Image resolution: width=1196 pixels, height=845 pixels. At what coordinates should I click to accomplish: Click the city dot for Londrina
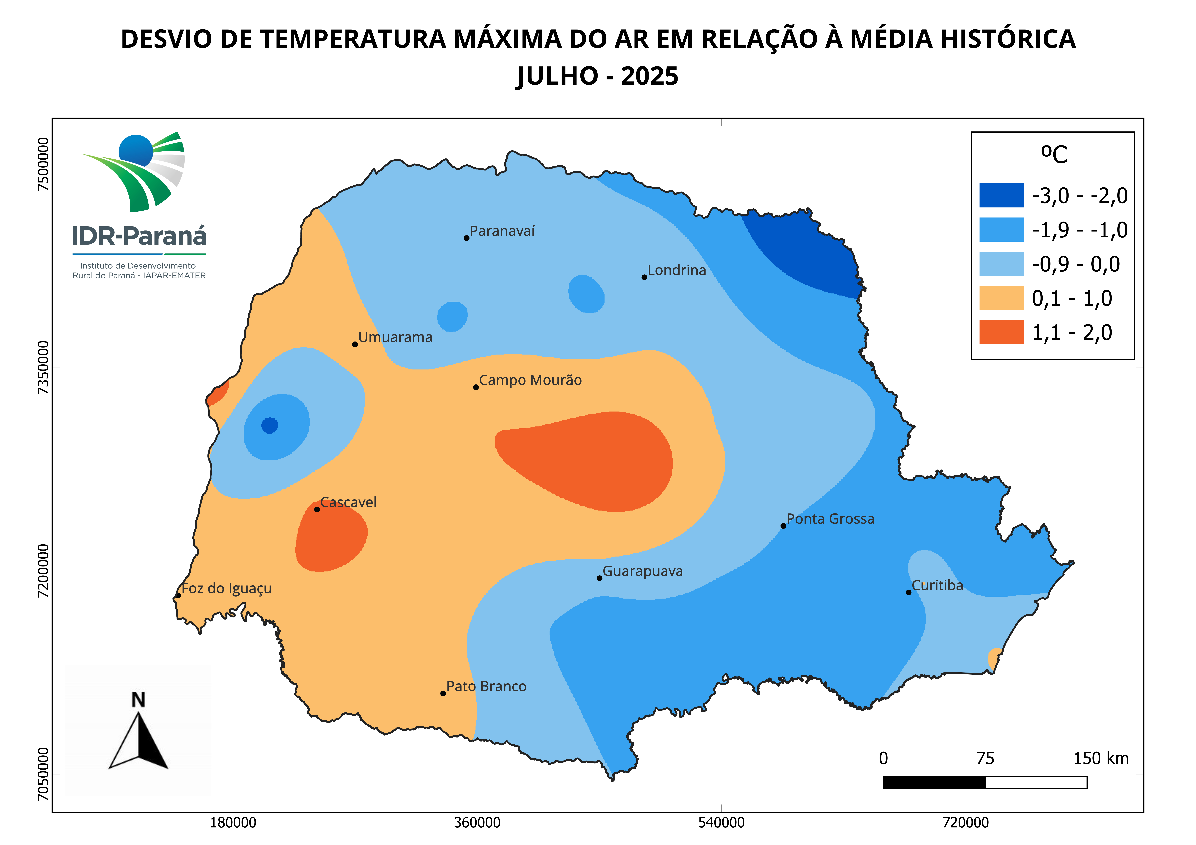coord(644,277)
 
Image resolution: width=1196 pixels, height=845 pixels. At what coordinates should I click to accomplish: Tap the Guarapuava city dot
coord(600,578)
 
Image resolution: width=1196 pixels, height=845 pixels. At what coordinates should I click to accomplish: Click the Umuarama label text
coord(395,337)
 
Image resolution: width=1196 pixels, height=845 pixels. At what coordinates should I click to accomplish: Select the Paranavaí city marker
coord(467,238)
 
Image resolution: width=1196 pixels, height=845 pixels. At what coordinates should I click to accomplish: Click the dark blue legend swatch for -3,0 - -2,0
coord(1001,195)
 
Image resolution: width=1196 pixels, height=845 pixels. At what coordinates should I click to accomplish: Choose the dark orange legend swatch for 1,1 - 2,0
coord(1001,332)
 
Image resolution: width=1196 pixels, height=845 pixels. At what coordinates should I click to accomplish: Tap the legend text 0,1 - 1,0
coord(1072,298)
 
